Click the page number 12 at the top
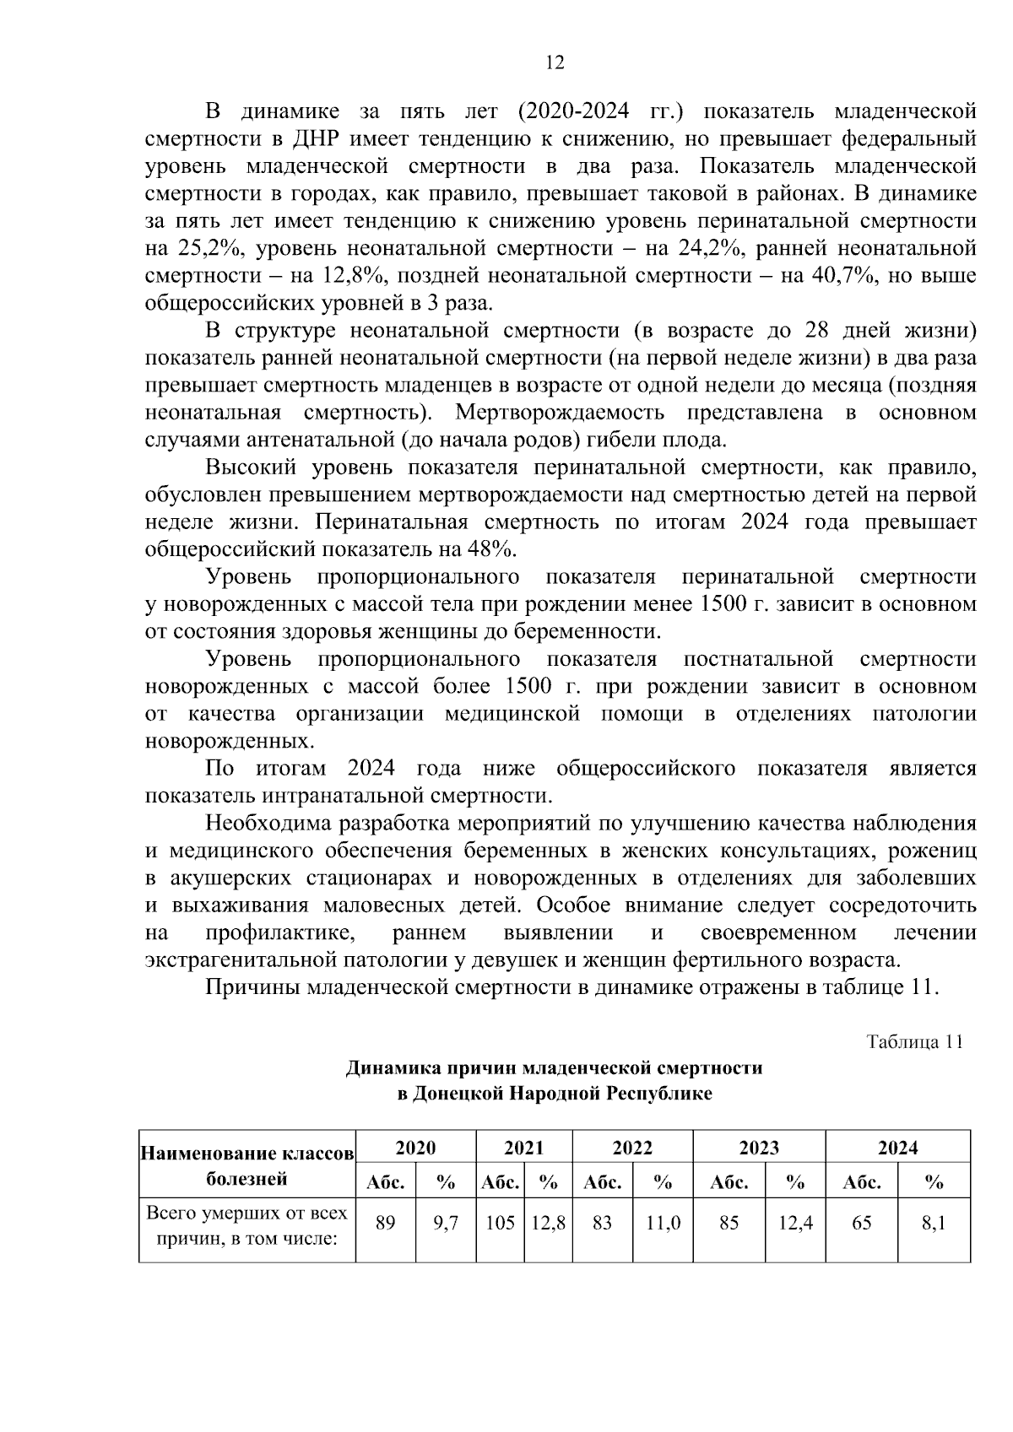[555, 62]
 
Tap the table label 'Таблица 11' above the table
[915, 1041]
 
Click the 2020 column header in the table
[416, 1148]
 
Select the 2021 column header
[524, 1148]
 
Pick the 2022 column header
[632, 1148]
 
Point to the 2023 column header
[759, 1148]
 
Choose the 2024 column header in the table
[897, 1148]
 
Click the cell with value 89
[385, 1222]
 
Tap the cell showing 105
[500, 1222]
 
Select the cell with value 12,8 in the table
[548, 1222]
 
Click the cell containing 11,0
[663, 1222]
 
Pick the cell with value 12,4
[795, 1222]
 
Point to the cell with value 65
[861, 1222]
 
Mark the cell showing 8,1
[934, 1222]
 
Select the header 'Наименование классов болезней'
[246, 1165]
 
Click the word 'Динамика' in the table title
[388, 1068]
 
